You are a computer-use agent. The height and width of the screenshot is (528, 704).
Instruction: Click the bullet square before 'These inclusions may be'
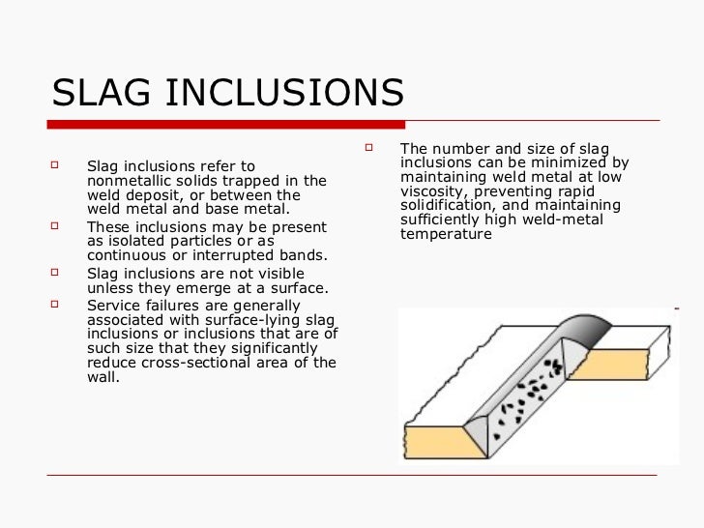(x=54, y=226)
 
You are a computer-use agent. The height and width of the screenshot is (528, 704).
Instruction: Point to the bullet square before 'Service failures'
(x=54, y=303)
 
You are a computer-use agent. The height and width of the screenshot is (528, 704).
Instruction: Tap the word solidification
(x=447, y=206)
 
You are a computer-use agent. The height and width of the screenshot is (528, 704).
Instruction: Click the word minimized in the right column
(x=567, y=162)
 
